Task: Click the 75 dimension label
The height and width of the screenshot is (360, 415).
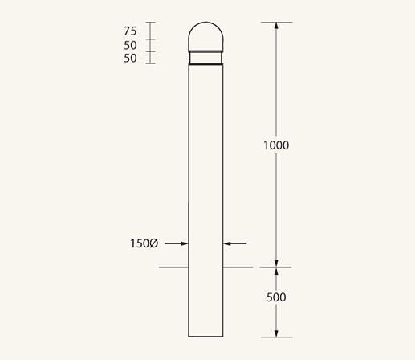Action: pos(131,31)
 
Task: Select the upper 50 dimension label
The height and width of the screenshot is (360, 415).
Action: pos(131,45)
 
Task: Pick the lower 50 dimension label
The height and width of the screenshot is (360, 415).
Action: pos(131,58)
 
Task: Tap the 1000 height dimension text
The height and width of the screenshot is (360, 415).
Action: pos(275,145)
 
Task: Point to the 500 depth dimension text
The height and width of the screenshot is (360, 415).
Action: pos(275,297)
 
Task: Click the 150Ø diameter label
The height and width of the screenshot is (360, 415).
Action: pos(144,243)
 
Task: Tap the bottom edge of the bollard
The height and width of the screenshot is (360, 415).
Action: pos(205,337)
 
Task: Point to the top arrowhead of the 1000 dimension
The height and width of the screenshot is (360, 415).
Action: pos(276,27)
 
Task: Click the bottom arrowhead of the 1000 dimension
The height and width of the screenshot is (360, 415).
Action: pos(276,262)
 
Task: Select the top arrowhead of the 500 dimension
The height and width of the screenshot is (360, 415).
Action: pos(276,272)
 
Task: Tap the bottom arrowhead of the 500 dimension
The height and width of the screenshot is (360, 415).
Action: pos(276,332)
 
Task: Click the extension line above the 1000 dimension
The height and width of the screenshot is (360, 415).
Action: pos(276,22)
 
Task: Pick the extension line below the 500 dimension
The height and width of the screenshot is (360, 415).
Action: pos(276,337)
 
